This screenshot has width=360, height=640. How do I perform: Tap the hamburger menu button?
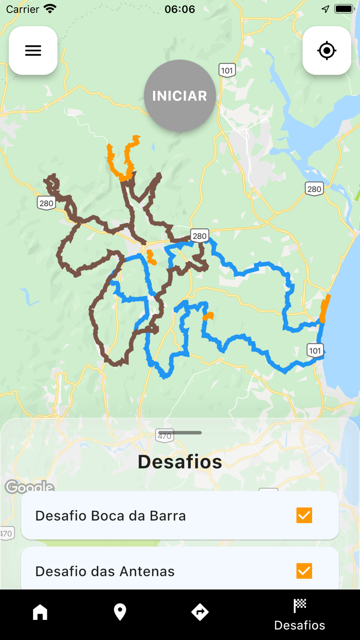point(33,50)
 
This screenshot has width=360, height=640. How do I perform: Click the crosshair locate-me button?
point(327,50)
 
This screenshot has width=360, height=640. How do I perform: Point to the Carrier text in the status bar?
point(23,9)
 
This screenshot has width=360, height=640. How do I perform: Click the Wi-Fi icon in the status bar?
point(50,9)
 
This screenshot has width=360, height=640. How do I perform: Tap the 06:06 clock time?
point(179,9)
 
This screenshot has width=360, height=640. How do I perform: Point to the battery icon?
point(343,9)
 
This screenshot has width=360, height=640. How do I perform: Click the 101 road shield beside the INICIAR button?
point(227,70)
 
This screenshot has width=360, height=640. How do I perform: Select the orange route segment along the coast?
point(325,309)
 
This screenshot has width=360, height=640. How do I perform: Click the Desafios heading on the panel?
point(180,461)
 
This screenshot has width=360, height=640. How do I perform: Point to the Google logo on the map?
point(29,487)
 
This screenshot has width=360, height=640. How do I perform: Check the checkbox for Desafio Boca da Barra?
point(304,515)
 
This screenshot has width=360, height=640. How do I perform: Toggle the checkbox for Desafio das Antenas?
point(304,571)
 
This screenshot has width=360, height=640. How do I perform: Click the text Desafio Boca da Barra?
point(111,515)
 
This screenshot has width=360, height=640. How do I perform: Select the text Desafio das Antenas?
point(105,571)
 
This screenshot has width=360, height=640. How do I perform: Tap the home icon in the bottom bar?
point(40,612)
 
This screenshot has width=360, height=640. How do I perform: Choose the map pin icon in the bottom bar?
point(120,612)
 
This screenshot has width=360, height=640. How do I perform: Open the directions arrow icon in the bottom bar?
point(200,612)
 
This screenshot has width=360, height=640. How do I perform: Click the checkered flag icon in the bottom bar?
point(299,606)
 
